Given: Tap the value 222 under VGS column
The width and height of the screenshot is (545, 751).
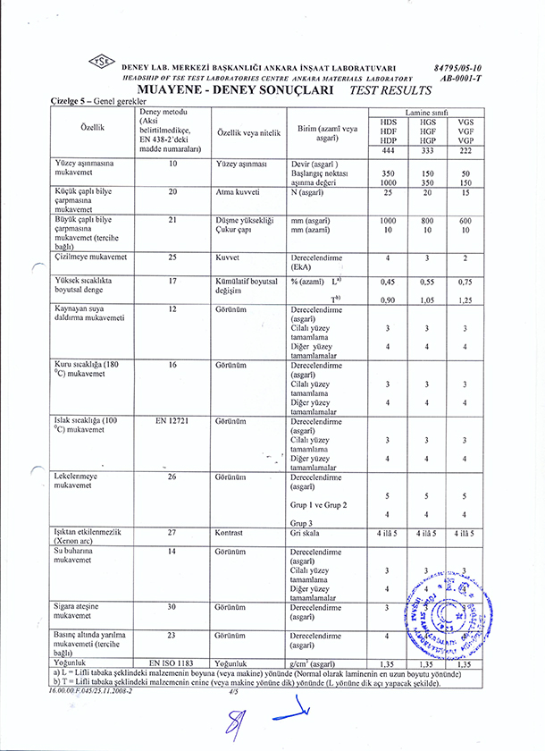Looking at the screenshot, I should tap(465, 151).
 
